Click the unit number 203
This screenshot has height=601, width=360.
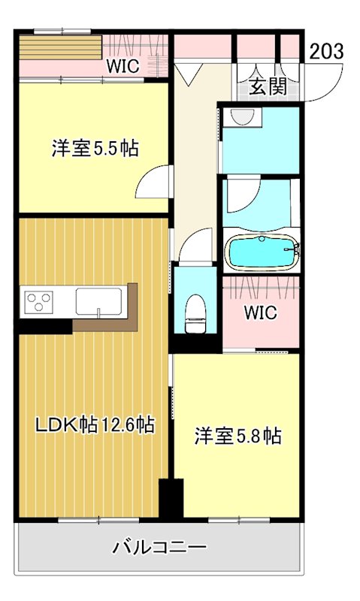point(326,51)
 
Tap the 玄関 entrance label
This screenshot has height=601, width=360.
point(268,86)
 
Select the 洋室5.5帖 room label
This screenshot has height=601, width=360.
point(95,148)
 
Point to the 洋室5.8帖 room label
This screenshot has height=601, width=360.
point(238,436)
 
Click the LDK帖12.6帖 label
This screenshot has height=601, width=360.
point(95,425)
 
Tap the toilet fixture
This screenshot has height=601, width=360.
point(195,312)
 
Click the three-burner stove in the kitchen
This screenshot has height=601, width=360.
point(39,301)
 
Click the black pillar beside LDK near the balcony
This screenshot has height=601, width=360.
point(171,498)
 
